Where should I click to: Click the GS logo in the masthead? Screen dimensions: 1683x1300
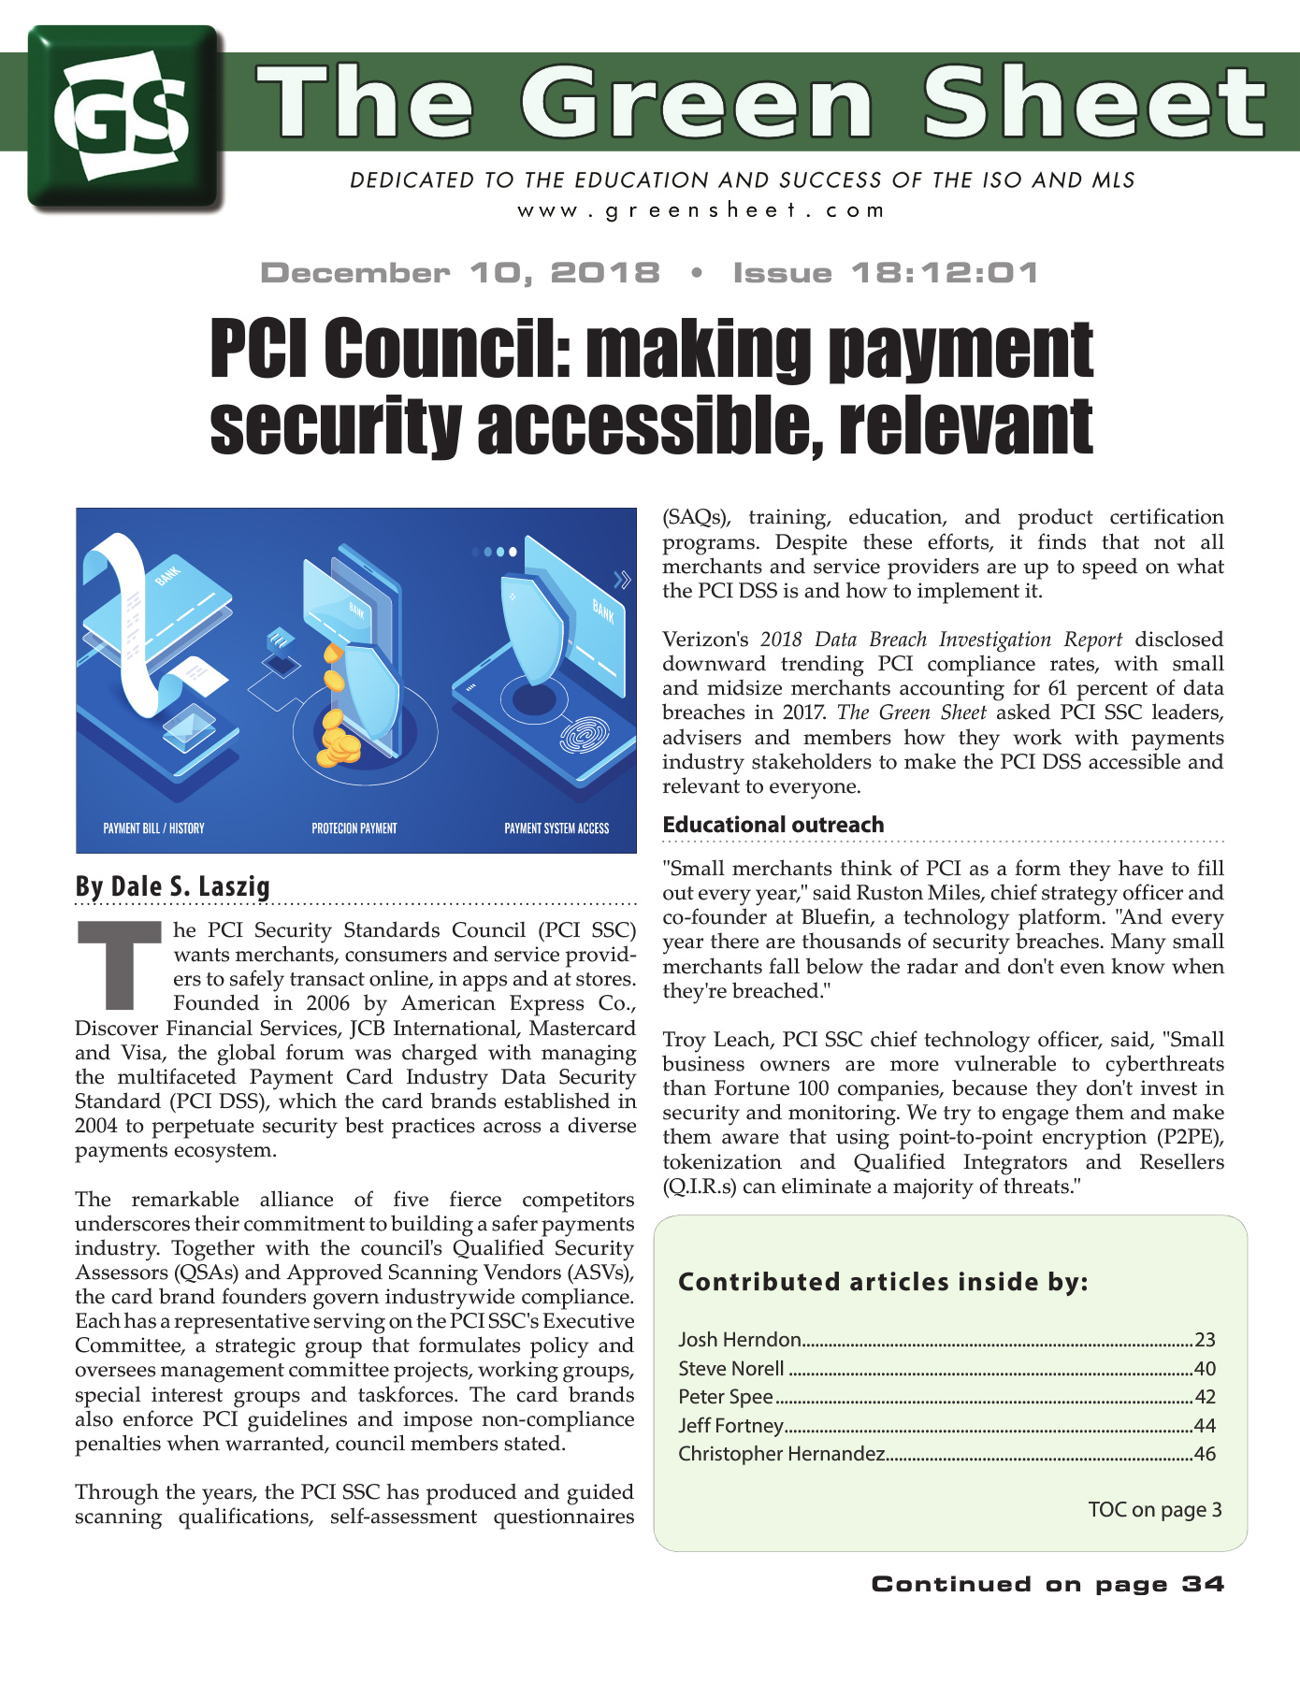[124, 117]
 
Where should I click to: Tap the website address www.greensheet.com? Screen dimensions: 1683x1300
[701, 210]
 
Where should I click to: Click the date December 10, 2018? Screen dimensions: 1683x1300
[460, 273]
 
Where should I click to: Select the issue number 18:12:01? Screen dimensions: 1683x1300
[945, 273]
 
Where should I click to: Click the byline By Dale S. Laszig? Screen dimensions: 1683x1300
[173, 886]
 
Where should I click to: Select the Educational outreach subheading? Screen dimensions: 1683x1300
[773, 825]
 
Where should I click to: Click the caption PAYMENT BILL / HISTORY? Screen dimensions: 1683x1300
[153, 828]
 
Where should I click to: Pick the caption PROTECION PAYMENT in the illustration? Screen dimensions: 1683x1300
[354, 828]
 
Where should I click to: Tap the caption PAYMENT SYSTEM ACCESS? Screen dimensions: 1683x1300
[556, 828]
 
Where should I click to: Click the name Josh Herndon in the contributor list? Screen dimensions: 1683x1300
[740, 1340]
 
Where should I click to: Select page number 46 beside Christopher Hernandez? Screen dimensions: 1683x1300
[1205, 1454]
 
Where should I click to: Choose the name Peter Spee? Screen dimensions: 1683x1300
[726, 1397]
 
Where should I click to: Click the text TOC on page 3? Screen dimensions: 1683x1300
[1155, 1510]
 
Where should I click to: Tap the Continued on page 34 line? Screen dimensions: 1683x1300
[1047, 1584]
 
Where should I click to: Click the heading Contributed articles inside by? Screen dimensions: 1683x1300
[883, 1282]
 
